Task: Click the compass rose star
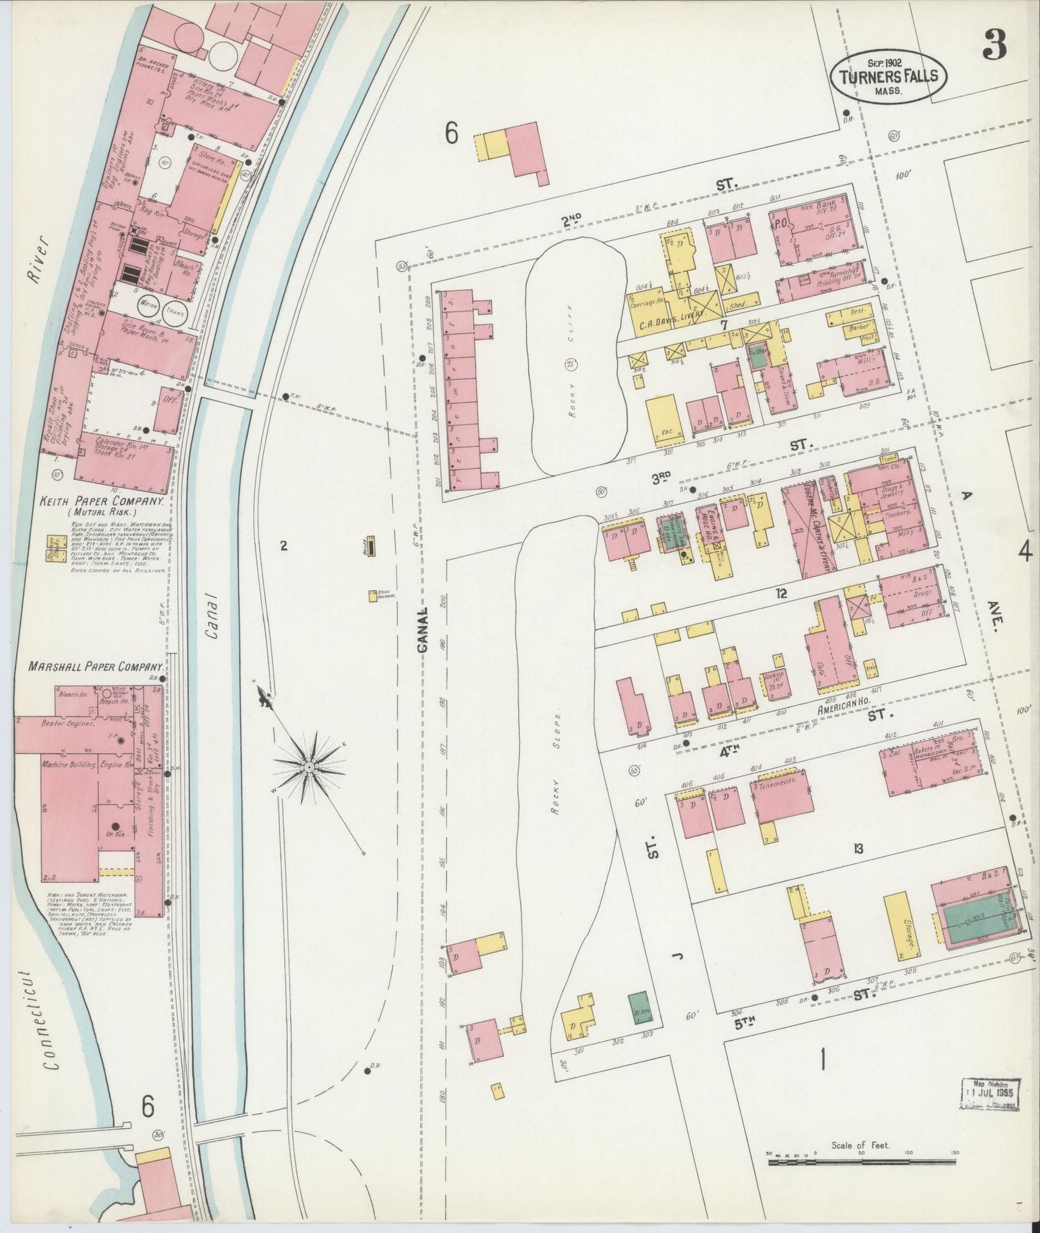pyautogui.click(x=309, y=768)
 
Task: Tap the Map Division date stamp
pyautogui.click(x=990, y=1095)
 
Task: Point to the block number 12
pyautogui.click(x=781, y=593)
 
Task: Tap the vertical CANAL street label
pyautogui.click(x=422, y=630)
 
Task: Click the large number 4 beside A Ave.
pyautogui.click(x=1025, y=552)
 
